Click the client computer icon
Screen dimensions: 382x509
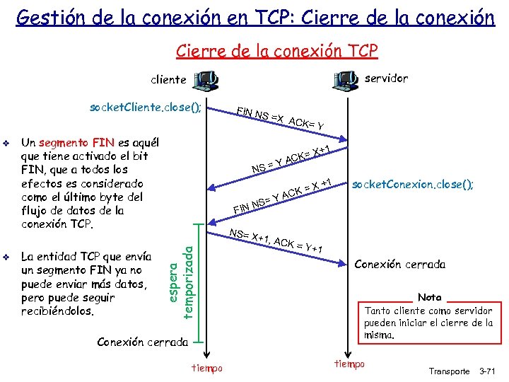[206, 80]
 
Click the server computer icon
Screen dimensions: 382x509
[344, 80]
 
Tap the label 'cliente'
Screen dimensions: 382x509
[168, 80]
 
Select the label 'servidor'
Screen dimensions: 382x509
[387, 79]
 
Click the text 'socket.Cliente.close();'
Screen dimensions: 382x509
[145, 108]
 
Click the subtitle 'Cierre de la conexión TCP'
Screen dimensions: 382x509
[276, 50]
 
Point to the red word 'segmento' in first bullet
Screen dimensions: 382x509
[65, 142]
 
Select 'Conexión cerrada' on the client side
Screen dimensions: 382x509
[142, 342]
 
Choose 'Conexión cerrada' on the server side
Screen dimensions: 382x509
[399, 265]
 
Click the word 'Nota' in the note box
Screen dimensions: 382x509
[429, 298]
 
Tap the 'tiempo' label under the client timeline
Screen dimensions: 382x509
[207, 368]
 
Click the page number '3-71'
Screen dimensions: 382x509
[489, 371]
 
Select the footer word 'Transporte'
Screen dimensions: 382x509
[450, 371]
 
